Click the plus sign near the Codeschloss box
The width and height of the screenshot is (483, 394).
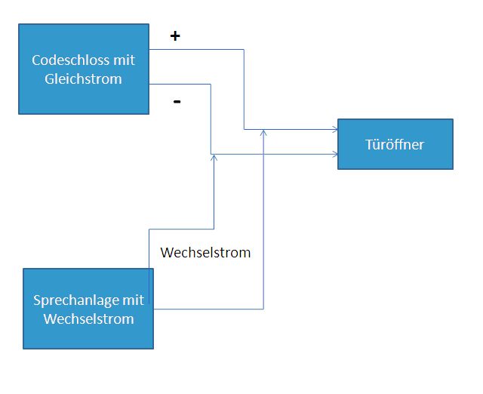tap(175, 36)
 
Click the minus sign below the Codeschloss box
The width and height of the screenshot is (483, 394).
tap(177, 101)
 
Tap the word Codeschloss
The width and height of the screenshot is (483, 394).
tap(71, 60)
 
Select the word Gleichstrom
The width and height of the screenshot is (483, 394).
tap(83, 79)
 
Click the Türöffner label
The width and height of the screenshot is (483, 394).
tap(395, 144)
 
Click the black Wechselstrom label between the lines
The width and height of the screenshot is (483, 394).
tap(205, 253)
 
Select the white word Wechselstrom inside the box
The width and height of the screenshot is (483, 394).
tap(89, 319)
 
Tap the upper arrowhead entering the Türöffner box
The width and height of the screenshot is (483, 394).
tap(335, 129)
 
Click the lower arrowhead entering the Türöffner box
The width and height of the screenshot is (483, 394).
tap(335, 154)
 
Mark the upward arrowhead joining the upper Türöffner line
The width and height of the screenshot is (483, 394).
tap(263, 132)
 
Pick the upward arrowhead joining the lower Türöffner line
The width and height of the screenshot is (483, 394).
tap(214, 157)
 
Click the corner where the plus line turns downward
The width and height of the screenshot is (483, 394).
tap(244, 49)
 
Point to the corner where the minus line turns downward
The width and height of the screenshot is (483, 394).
tap(211, 84)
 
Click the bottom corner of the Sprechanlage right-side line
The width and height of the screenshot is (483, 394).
tap(263, 309)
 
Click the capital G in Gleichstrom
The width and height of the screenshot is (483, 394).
tap(49, 79)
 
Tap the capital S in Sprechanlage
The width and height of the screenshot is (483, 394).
tap(37, 300)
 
